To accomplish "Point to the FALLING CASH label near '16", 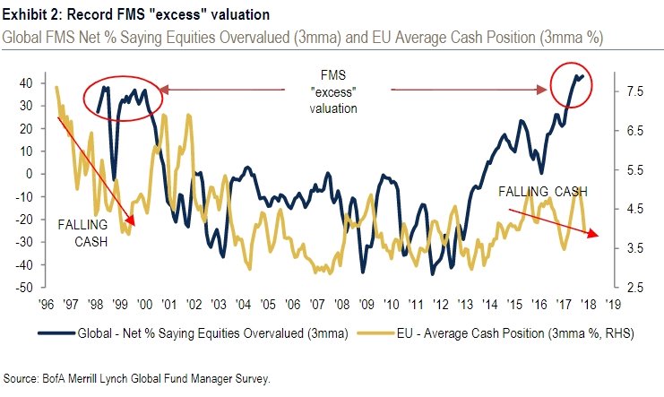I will point(544,192).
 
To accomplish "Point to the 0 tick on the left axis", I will point(30,174).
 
